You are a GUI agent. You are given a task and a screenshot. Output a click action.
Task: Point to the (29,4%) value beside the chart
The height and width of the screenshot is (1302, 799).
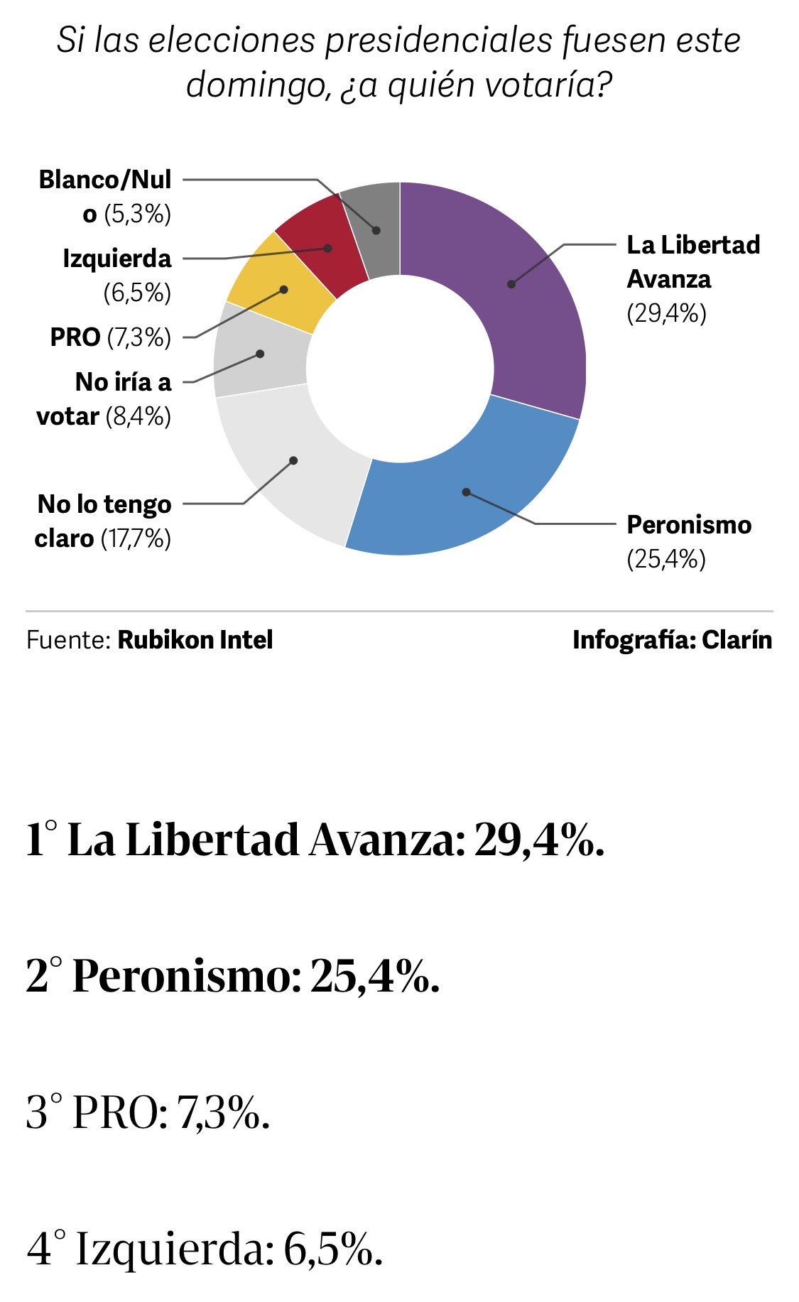tap(666, 313)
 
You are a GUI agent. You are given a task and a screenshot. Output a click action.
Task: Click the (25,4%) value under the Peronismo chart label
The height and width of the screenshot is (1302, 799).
tap(666, 560)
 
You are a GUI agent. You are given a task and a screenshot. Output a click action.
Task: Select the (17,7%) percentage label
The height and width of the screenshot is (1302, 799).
tap(136, 539)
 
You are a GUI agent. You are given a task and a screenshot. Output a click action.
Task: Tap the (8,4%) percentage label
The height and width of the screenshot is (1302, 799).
tap(138, 417)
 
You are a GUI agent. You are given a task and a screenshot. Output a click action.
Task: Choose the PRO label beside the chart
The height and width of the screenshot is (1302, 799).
tap(75, 337)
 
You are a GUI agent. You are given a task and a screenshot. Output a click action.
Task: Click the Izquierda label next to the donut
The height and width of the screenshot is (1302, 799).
tap(117, 259)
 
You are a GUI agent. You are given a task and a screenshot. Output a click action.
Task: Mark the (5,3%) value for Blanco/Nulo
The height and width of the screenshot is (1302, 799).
tap(138, 215)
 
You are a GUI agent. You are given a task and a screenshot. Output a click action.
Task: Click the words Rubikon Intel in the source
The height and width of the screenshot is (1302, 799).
tap(195, 640)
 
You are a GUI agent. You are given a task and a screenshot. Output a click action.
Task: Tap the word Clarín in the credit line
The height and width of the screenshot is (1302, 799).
tap(737, 640)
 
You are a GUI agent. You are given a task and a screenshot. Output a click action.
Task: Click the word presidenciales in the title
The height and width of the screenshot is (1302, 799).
tap(438, 40)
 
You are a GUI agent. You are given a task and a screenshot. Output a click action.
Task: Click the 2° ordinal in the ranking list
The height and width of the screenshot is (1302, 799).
tap(44, 975)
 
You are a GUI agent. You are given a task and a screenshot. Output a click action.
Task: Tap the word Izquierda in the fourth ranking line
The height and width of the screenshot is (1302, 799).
tap(175, 1248)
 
